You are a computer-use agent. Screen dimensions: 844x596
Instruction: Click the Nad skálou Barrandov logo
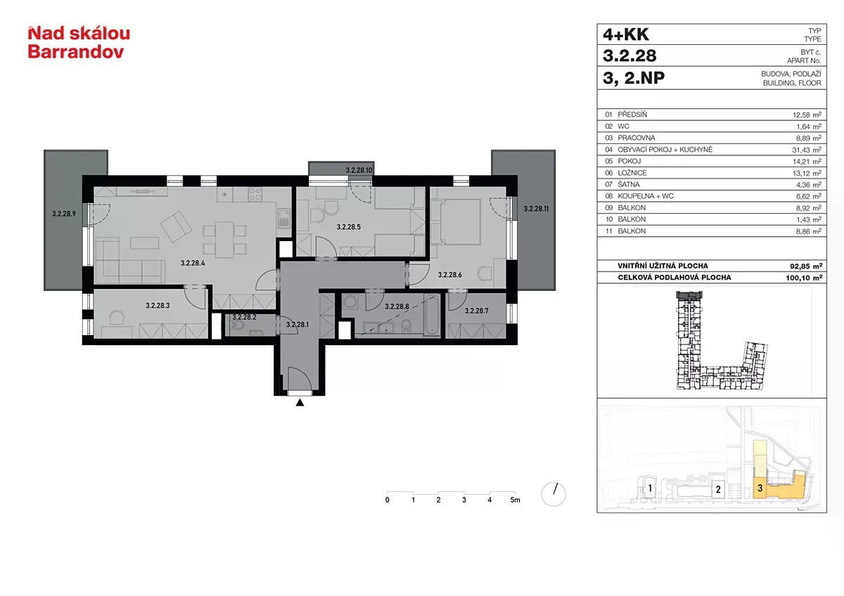tap(79, 43)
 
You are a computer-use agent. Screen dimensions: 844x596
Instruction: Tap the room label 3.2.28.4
tap(193, 263)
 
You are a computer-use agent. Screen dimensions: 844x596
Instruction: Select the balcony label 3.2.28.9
tap(64, 214)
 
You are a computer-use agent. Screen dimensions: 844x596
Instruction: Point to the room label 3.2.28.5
tap(349, 227)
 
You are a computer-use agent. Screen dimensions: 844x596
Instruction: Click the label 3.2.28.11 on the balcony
tap(536, 209)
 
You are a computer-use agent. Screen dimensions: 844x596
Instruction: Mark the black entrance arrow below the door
tap(300, 403)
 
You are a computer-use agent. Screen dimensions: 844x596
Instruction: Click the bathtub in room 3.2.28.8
tap(431, 316)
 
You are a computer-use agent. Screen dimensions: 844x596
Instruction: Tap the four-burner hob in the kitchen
tap(255, 194)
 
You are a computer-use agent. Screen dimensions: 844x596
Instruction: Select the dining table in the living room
tap(224, 240)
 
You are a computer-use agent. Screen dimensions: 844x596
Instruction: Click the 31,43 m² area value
tap(806, 150)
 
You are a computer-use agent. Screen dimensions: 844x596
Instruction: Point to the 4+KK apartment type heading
tap(626, 34)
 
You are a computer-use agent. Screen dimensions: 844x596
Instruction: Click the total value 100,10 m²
tap(804, 278)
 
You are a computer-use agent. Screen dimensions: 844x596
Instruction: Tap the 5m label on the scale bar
tap(515, 500)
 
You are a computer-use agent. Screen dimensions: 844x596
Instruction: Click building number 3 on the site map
tap(760, 488)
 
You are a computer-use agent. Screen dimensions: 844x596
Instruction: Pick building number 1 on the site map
tap(650, 488)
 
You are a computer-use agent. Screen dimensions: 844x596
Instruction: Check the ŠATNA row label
tap(629, 184)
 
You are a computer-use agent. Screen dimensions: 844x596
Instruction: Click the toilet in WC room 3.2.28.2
tap(236, 325)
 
